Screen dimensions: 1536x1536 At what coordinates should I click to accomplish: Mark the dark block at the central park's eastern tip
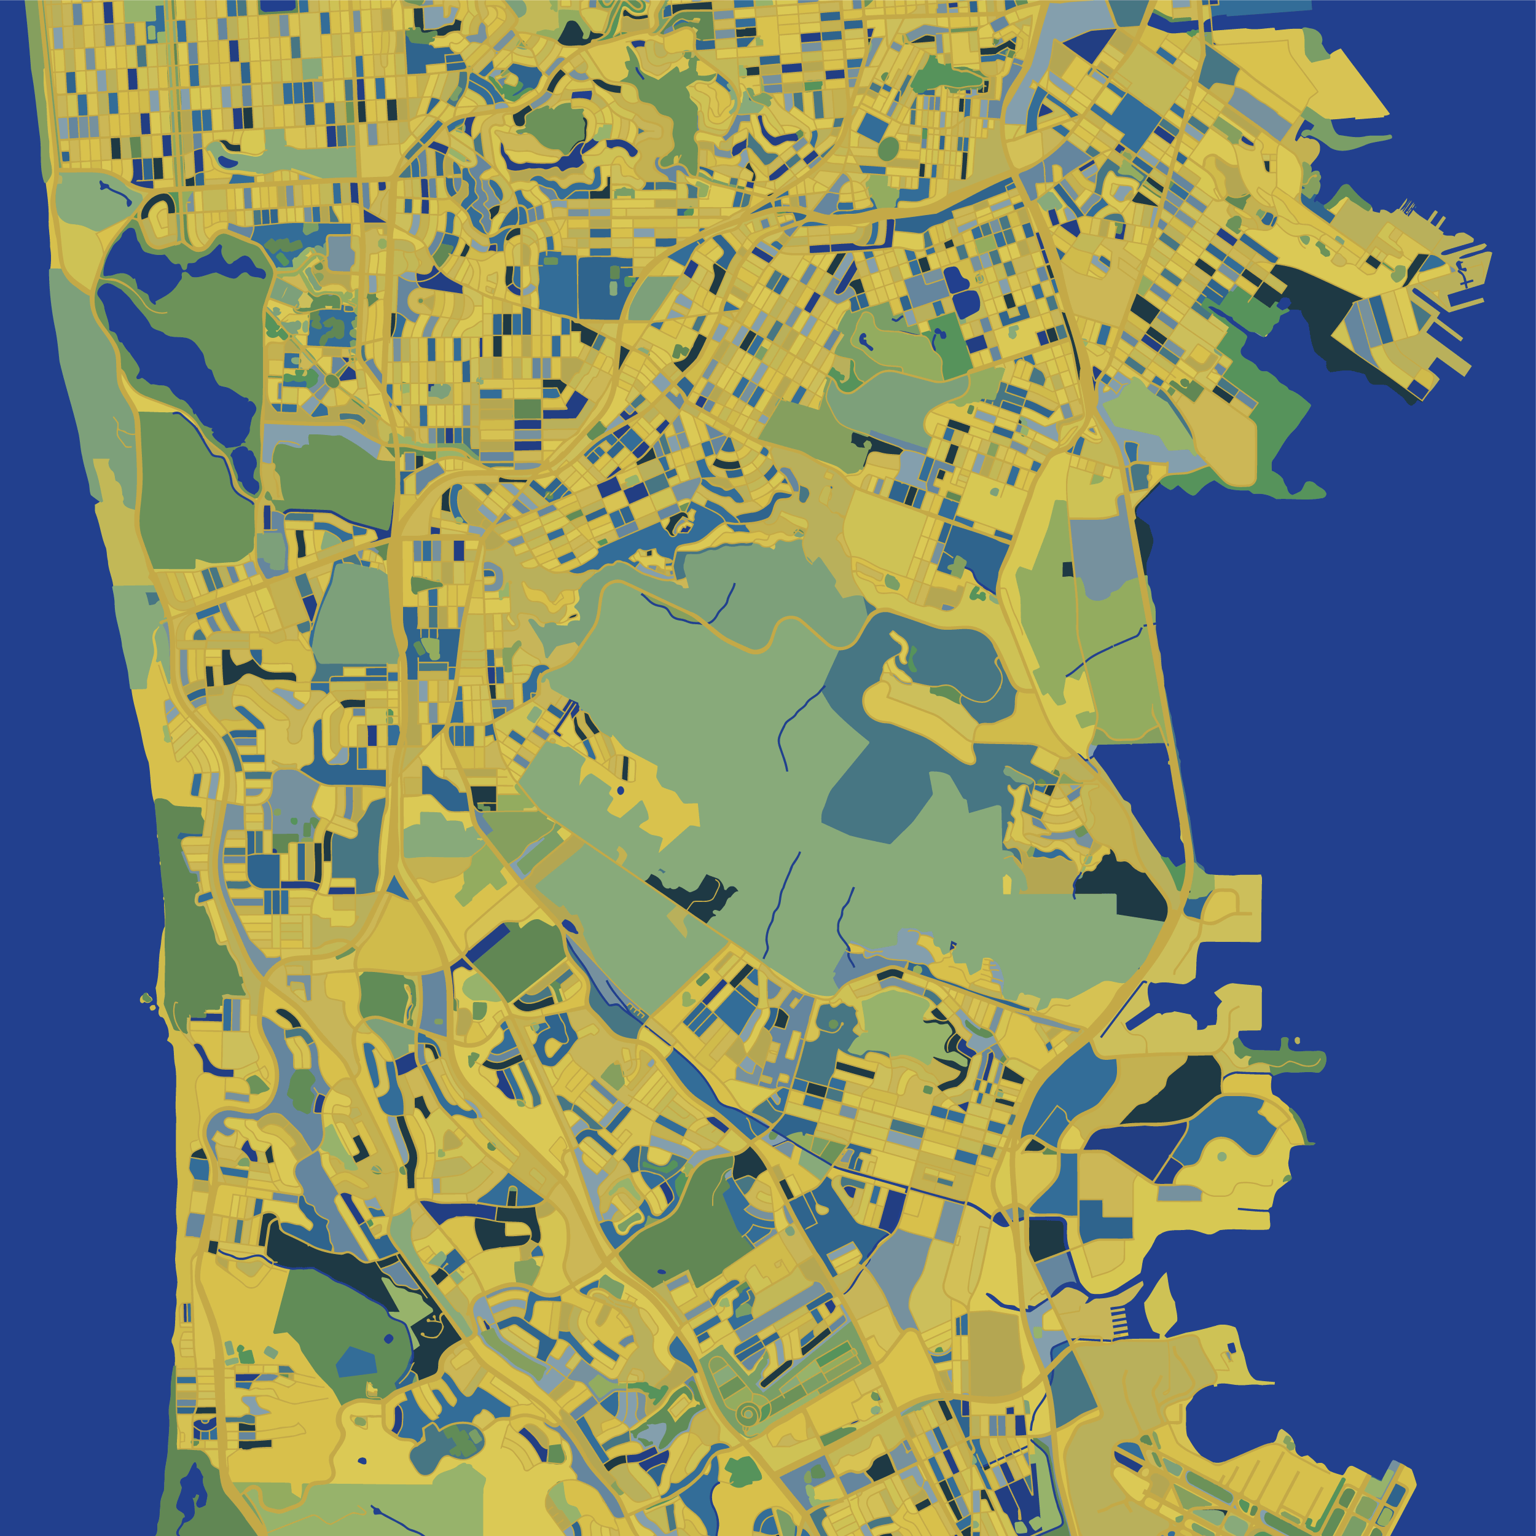coord(1122,887)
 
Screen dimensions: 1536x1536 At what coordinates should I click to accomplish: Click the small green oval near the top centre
coord(888,148)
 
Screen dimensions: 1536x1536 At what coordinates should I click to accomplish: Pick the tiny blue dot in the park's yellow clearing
coord(620,791)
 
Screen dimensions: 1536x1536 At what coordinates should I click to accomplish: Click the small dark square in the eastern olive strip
coord(1068,568)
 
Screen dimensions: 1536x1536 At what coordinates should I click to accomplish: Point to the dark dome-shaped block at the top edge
coord(571,33)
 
